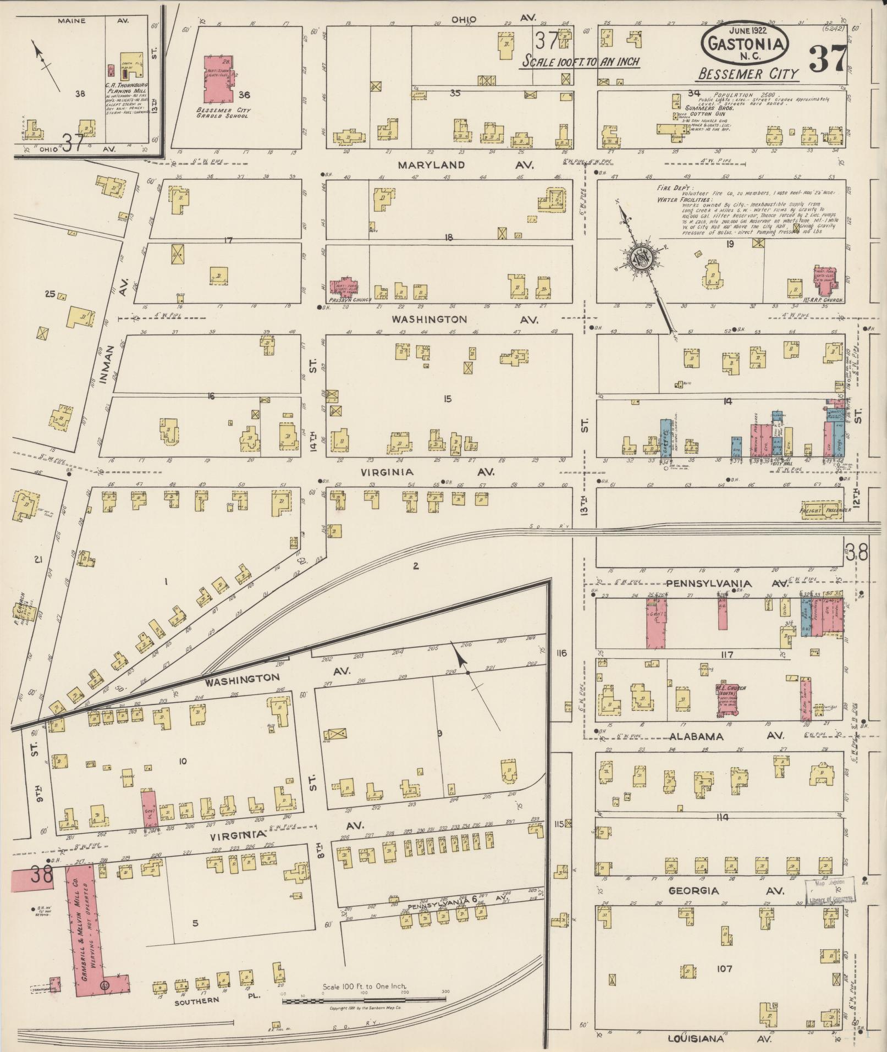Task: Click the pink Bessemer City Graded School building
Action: coord(217,79)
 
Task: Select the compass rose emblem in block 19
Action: coord(641,257)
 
